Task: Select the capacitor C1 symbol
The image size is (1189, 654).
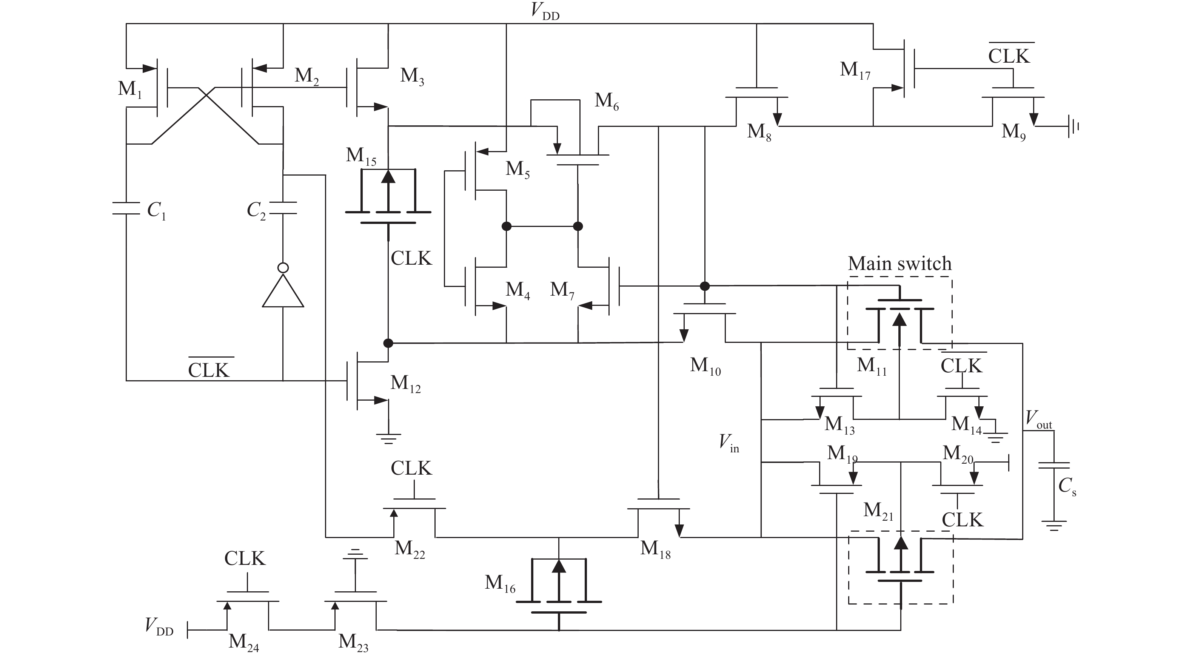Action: [126, 208]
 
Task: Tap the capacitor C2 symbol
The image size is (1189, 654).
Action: [283, 208]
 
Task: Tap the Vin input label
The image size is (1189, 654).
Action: [728, 444]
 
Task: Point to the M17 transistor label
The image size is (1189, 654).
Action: [855, 71]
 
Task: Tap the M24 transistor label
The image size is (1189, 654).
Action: [243, 642]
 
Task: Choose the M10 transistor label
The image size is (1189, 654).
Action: [705, 366]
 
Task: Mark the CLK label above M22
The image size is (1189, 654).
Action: [411, 468]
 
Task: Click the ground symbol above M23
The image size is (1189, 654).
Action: [355, 553]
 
